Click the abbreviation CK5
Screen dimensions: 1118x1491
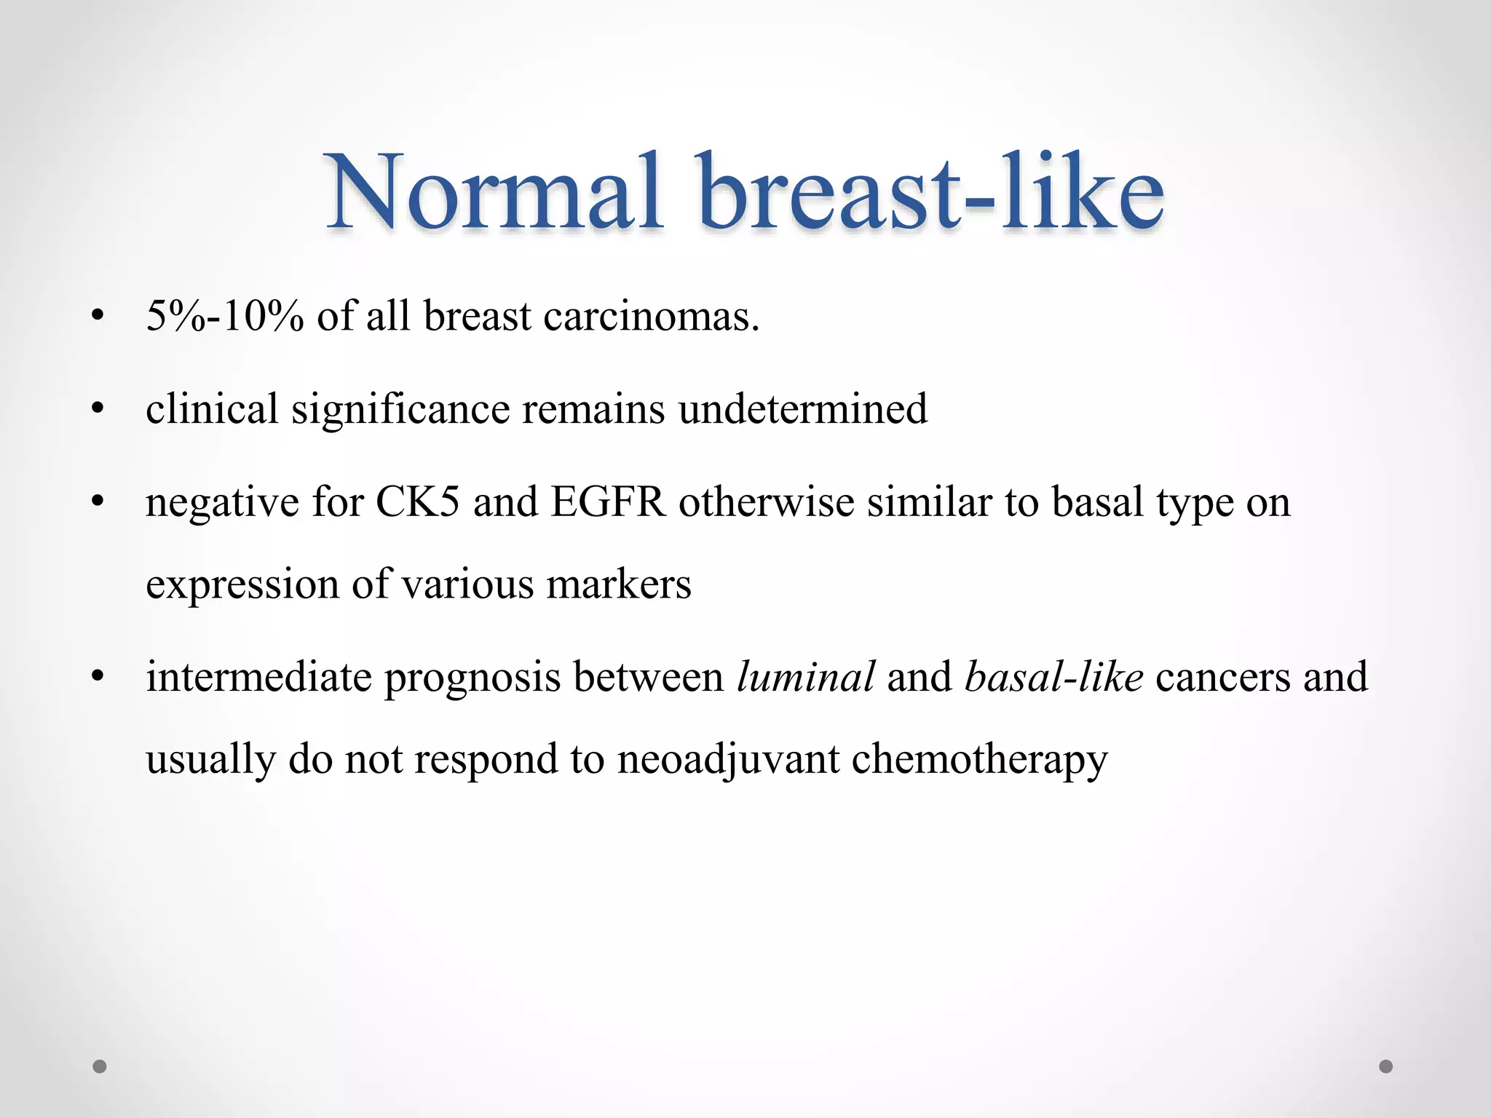point(417,502)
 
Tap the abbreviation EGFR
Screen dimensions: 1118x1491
point(608,502)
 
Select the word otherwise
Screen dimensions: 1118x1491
point(766,502)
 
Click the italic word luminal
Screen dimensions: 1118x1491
point(805,677)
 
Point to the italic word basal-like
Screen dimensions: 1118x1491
point(1053,677)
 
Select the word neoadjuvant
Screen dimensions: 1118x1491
point(728,759)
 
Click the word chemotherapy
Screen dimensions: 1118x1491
point(979,759)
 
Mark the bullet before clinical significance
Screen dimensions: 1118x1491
point(98,409)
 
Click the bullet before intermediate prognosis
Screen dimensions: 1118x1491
point(98,677)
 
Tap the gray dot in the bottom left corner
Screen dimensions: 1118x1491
point(100,1066)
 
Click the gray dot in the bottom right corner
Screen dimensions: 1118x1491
point(1386,1066)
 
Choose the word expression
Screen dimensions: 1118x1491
point(242,584)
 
